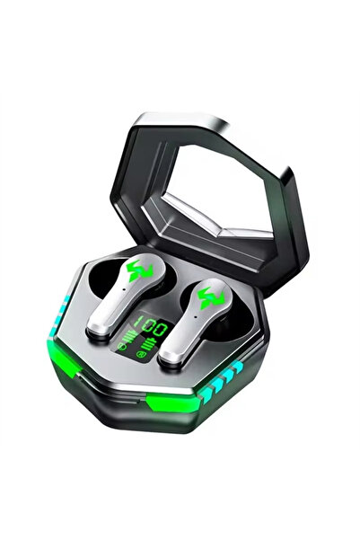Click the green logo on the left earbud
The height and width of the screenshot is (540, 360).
139,270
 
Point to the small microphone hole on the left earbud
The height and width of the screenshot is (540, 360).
124,289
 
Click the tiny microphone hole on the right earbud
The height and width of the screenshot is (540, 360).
195,316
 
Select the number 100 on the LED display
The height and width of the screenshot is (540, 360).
151,326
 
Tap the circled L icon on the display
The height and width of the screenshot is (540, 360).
119,345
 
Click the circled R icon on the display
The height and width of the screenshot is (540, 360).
140,354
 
